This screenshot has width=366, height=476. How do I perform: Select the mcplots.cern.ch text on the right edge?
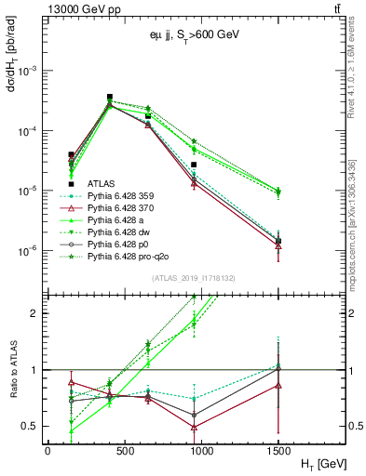click(x=354, y=232)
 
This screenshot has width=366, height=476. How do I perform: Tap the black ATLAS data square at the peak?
click(x=110, y=97)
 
